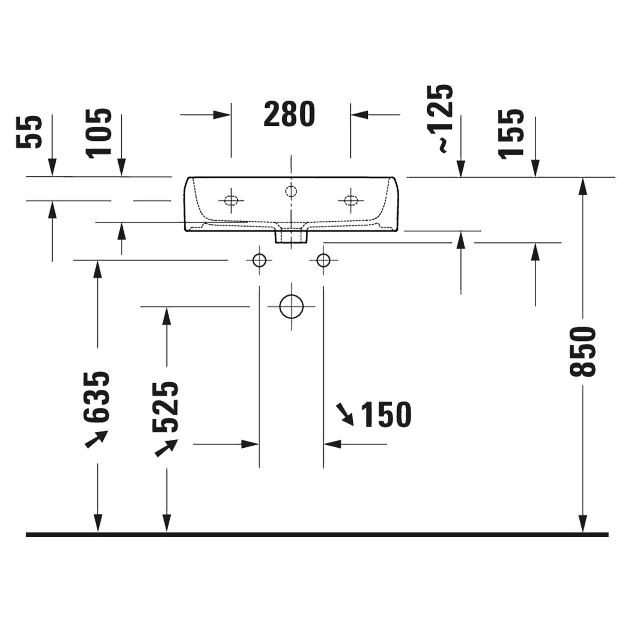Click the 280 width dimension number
coord(289,114)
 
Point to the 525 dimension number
coord(166,408)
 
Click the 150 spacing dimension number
coord(386,414)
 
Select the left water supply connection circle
coord(259,259)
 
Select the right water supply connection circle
coord(323,259)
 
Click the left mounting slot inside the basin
coord(231,201)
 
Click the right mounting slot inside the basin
coord(350,201)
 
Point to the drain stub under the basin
coord(291,236)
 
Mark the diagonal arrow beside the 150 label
coord(345,415)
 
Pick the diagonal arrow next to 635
coord(96,439)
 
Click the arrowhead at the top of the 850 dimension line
coord(582,186)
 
